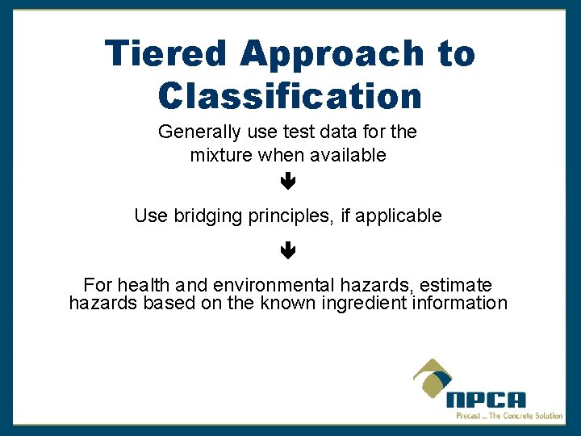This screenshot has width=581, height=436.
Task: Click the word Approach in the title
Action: tap(332, 54)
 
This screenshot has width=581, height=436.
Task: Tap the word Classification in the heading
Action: tap(290, 96)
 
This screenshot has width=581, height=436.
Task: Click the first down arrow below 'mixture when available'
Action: tap(288, 183)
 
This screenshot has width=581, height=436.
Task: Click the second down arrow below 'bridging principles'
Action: tap(288, 251)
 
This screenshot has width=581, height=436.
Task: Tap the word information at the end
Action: tap(460, 304)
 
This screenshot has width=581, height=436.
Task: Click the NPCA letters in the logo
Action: tap(486, 400)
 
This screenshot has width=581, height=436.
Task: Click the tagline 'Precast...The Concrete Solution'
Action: tap(508, 416)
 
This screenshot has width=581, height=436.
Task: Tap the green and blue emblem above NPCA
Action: tap(433, 378)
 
